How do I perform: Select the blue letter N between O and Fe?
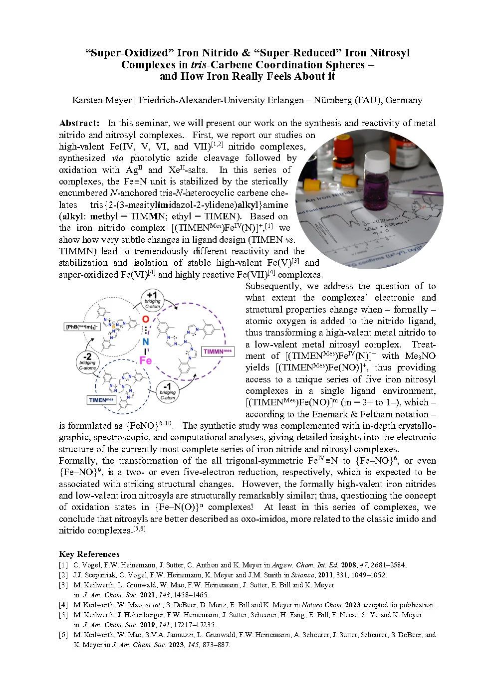(x=145, y=341)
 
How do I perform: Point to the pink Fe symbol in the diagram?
(x=145, y=360)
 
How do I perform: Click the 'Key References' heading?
(x=89, y=554)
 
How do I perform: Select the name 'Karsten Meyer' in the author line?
(x=102, y=100)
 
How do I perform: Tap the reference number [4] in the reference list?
(x=63, y=605)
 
